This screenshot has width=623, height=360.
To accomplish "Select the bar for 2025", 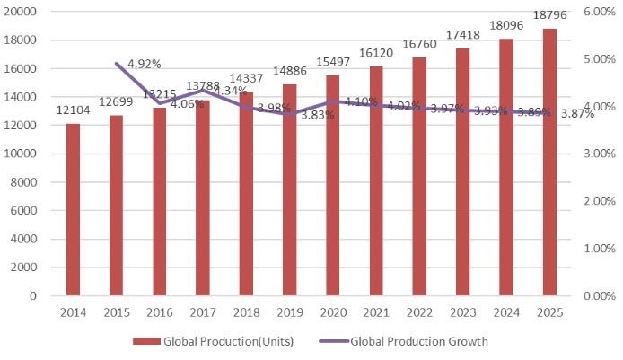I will (549, 162).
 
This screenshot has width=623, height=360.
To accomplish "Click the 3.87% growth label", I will (577, 114).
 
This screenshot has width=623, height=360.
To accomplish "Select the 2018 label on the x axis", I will (246, 313).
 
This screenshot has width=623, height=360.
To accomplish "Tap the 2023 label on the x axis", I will (462, 313).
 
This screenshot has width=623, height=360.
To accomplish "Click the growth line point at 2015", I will (116, 63).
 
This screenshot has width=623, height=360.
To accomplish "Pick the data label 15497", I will (332, 63).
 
